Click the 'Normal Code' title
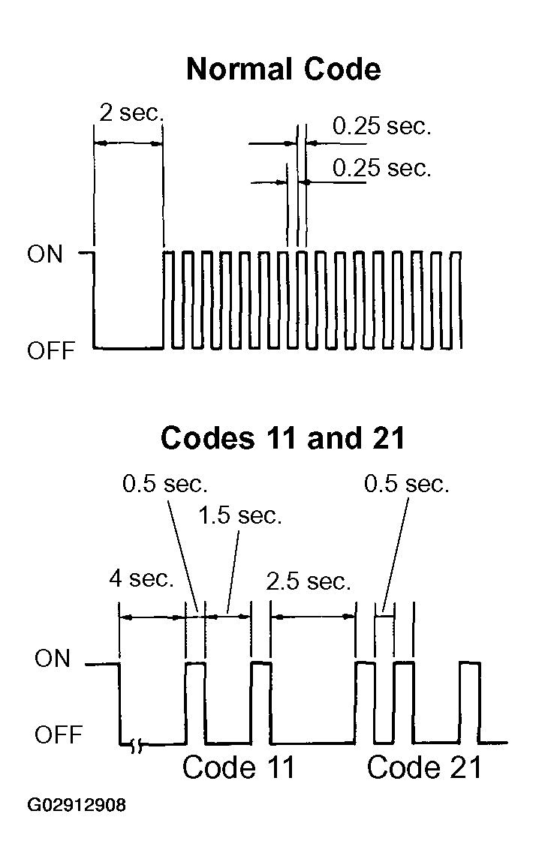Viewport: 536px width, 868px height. point(284,69)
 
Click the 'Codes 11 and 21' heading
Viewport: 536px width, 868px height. point(283,438)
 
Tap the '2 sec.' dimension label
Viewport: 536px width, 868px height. point(132,113)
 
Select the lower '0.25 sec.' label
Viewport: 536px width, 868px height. point(381,167)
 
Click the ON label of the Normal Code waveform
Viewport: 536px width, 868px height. point(45,254)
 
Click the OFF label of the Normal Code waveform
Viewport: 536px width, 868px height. point(51,350)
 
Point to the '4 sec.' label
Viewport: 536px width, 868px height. point(141,578)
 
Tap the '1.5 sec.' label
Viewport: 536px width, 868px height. point(239,515)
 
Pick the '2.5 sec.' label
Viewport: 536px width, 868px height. point(309,581)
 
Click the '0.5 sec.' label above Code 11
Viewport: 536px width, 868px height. point(165,484)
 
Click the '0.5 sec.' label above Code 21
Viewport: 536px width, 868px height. point(406,484)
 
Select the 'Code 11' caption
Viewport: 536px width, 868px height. point(238,767)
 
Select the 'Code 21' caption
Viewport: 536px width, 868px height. point(424,767)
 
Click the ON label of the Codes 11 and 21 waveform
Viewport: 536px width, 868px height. point(53,658)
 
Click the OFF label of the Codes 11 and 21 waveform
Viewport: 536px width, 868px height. point(58,734)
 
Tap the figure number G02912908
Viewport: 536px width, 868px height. point(77,804)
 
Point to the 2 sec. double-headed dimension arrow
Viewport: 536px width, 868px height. point(128,143)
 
